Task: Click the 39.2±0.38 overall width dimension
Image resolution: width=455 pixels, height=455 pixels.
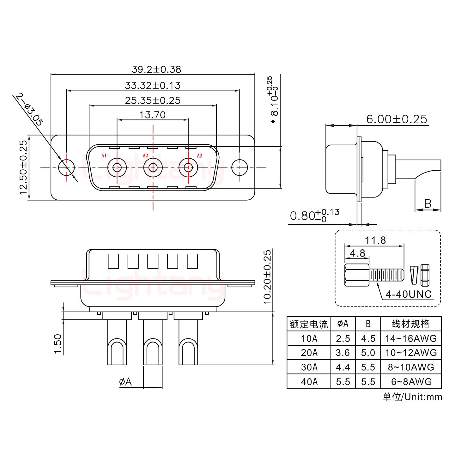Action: pyautogui.click(x=156, y=69)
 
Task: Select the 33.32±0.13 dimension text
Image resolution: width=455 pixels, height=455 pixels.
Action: pyautogui.click(x=153, y=85)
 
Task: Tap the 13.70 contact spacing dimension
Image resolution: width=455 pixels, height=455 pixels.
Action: pyautogui.click(x=153, y=115)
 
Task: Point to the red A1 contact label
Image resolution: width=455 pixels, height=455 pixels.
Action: pyautogui.click(x=104, y=155)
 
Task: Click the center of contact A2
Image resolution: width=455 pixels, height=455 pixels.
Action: pyautogui.click(x=153, y=167)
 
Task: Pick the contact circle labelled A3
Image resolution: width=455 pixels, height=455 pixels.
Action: pyautogui.click(x=188, y=167)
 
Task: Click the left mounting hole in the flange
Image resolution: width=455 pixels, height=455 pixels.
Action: pyautogui.click(x=66, y=167)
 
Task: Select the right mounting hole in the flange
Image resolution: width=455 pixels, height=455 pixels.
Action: pyautogui.click(x=239, y=167)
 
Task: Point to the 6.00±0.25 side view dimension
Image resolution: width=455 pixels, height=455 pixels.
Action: pyautogui.click(x=397, y=119)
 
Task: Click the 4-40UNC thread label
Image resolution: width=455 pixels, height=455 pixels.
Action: pyautogui.click(x=409, y=294)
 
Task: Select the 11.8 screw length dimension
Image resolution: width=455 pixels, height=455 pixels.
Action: pyautogui.click(x=375, y=240)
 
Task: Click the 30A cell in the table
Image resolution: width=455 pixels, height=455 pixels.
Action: pyautogui.click(x=309, y=367)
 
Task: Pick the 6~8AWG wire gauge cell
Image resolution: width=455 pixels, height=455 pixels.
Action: pyautogui.click(x=411, y=382)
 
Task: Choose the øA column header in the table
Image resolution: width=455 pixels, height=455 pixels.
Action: pyautogui.click(x=343, y=324)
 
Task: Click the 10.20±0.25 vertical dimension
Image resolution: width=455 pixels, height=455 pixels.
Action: pyautogui.click(x=267, y=277)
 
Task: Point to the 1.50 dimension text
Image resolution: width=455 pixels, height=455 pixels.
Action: pyautogui.click(x=58, y=344)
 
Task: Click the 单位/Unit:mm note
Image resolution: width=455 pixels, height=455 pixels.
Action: pyautogui.click(x=412, y=397)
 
